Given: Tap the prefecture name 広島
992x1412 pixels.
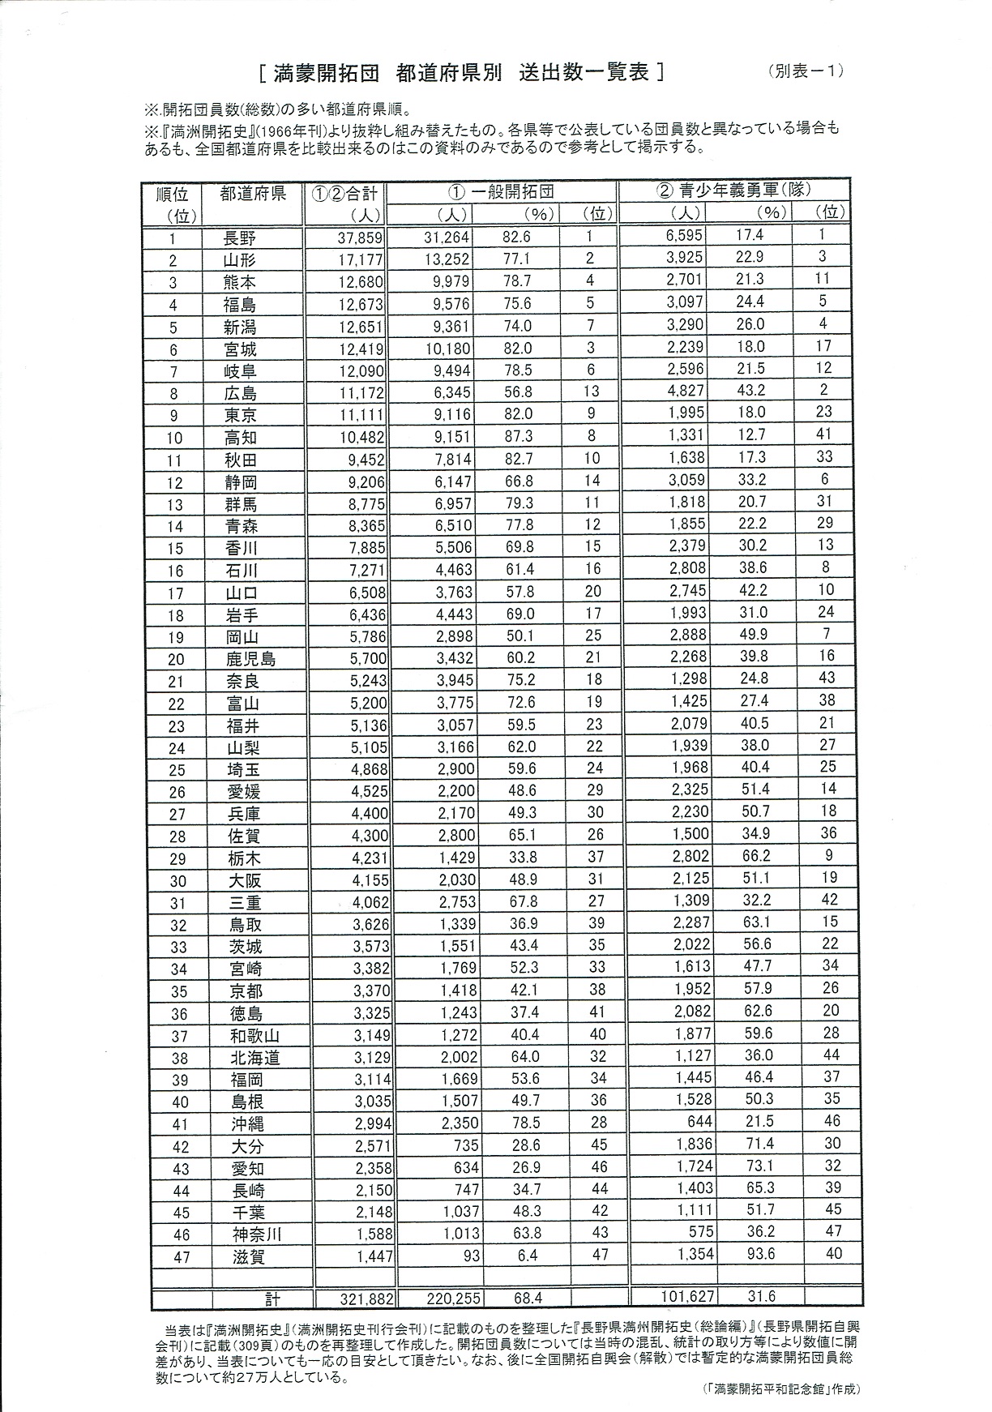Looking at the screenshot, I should coord(241,394).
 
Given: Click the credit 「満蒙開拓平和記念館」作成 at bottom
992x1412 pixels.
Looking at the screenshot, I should coord(780,1388).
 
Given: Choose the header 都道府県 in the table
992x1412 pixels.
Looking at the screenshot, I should coord(252,195).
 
